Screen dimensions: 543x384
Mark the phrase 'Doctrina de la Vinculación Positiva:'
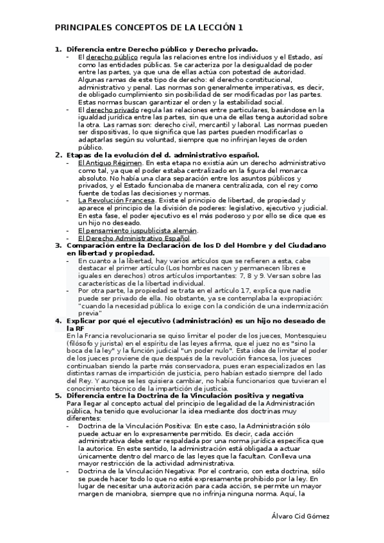(134, 426)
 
